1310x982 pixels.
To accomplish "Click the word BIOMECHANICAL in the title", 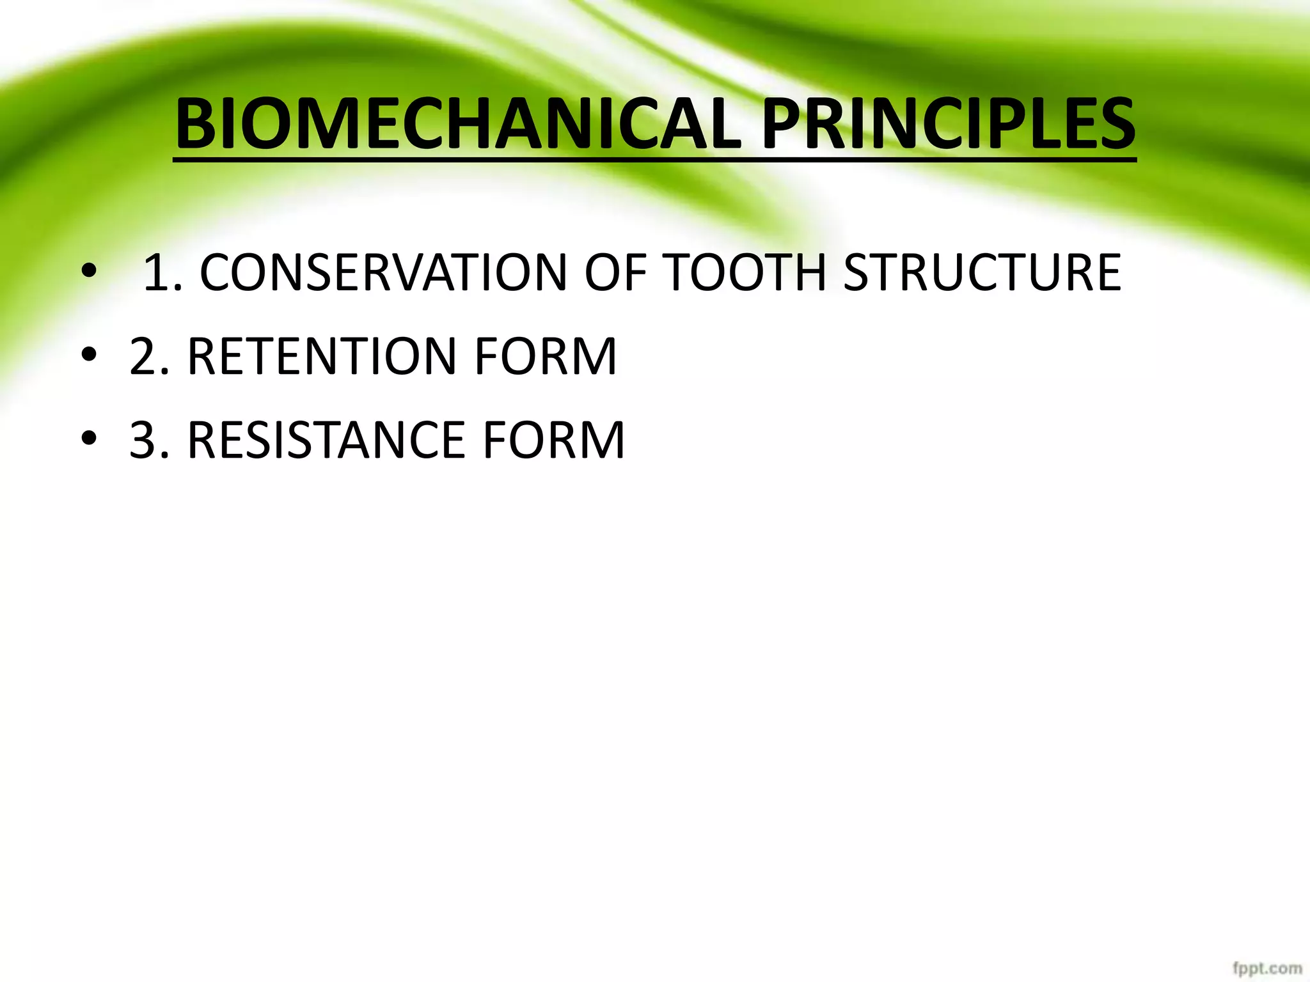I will (x=458, y=124).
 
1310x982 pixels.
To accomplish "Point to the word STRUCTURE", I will (x=982, y=273).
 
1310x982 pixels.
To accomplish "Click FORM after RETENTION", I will (x=546, y=357).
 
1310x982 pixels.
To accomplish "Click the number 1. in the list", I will (x=162, y=273).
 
